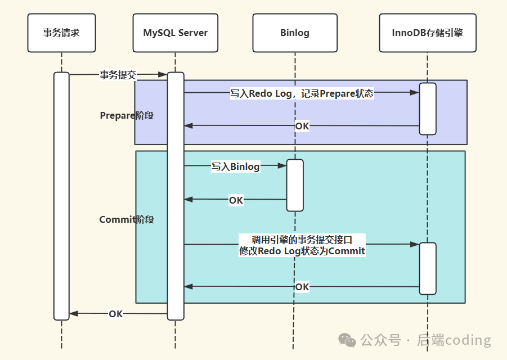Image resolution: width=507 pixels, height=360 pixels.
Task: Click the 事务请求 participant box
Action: click(61, 33)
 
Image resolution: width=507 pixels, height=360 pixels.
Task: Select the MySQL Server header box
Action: click(175, 33)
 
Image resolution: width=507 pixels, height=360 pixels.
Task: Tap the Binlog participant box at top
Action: click(294, 33)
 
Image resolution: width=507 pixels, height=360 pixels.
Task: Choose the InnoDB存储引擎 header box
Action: click(427, 33)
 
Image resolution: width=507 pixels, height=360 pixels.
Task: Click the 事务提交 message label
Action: click(118, 75)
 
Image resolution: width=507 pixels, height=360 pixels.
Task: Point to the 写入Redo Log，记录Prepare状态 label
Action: click(302, 93)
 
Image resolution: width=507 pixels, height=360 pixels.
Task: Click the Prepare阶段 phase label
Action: click(127, 115)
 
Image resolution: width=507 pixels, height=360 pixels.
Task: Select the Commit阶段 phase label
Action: click(127, 219)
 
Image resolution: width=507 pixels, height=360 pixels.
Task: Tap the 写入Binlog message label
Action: click(235, 166)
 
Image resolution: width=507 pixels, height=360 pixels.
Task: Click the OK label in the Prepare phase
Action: click(302, 126)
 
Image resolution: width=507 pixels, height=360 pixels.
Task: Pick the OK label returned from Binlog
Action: click(236, 200)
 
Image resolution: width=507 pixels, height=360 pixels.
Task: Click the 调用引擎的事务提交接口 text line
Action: click(302, 240)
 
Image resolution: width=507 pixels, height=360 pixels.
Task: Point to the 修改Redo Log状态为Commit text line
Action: click(302, 251)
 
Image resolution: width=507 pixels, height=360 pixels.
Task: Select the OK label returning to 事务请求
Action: click(116, 314)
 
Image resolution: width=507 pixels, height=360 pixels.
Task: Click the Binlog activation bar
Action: click(295, 185)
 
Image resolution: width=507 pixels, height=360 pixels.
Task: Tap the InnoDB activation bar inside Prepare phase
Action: click(428, 109)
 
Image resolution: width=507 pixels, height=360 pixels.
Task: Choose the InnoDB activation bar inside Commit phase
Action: click(428, 268)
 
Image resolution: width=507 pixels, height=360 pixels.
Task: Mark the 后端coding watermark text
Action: click(454, 340)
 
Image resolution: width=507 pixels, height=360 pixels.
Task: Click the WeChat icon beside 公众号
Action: click(347, 340)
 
